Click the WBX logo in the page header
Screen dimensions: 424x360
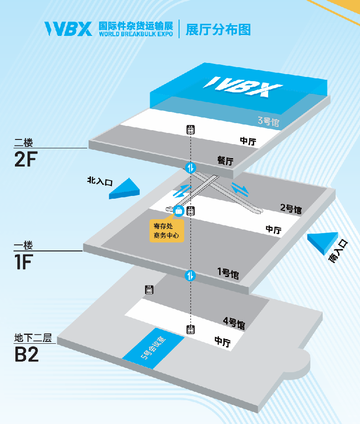(68, 29)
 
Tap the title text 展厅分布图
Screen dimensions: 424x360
(218, 29)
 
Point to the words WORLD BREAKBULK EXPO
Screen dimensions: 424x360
(136, 34)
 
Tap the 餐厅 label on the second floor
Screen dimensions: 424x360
(225, 160)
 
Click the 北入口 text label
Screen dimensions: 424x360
(100, 181)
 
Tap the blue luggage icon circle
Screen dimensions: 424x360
(179, 211)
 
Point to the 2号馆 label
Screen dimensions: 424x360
(291, 209)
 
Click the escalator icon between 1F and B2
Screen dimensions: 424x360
(190, 275)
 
